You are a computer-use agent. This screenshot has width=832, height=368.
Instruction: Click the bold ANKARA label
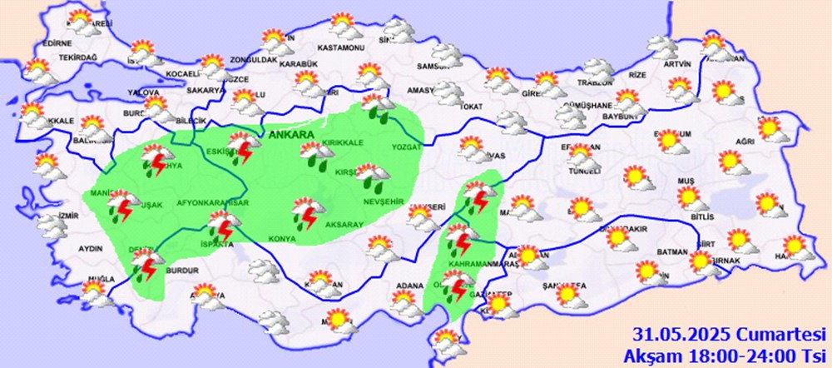tap(290, 133)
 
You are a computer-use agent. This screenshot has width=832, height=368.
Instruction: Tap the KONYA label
tap(283, 240)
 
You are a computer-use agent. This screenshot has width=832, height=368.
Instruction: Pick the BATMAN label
tap(671, 252)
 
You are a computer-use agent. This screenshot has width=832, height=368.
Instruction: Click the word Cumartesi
tap(769, 336)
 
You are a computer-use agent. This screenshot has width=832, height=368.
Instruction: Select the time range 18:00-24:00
tap(741, 354)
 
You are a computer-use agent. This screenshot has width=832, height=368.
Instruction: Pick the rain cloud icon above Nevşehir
tap(371, 176)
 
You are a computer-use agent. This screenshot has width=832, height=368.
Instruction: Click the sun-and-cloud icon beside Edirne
tap(80, 21)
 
